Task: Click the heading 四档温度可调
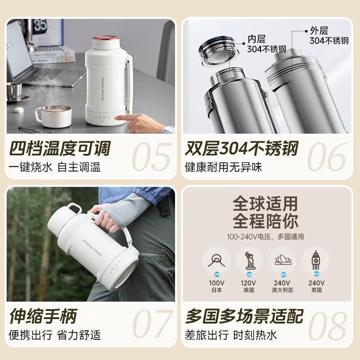pyautogui.click(x=59, y=148)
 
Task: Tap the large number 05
pyautogui.click(x=151, y=157)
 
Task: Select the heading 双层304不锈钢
pyautogui.click(x=241, y=148)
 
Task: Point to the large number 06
pyautogui.click(x=327, y=157)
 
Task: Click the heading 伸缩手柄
pyautogui.click(x=43, y=316)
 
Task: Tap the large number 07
pyautogui.click(x=151, y=324)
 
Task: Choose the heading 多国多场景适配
pyautogui.click(x=244, y=316)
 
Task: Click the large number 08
pyautogui.click(x=327, y=324)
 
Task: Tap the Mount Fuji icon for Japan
pyautogui.click(x=216, y=260)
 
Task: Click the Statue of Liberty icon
pyautogui.click(x=249, y=260)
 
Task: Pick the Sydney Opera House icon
pyautogui.click(x=283, y=260)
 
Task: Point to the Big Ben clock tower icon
pyautogui.click(x=315, y=260)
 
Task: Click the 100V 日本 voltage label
pyautogui.click(x=216, y=286)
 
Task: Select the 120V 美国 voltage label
pyautogui.click(x=249, y=286)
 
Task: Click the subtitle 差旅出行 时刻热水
pyautogui.click(x=231, y=335)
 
